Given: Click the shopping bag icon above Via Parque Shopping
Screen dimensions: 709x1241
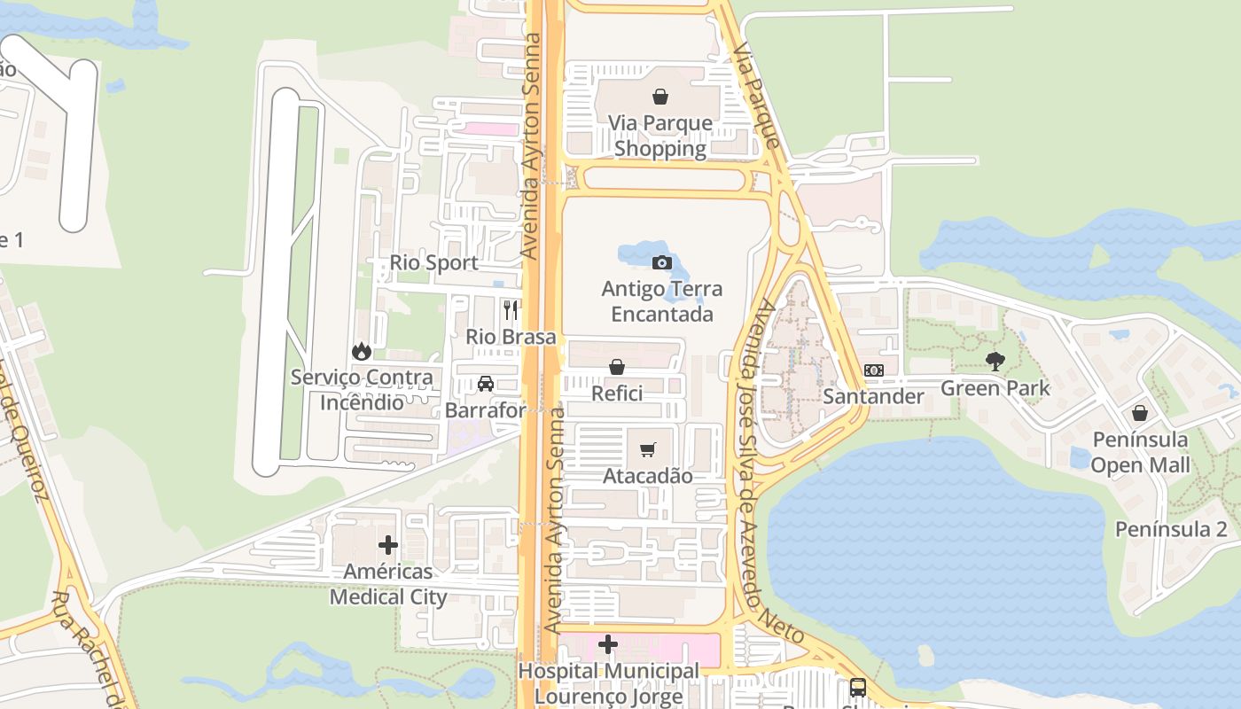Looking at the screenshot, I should (660, 97).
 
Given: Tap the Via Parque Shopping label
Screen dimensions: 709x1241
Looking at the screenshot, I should (660, 136).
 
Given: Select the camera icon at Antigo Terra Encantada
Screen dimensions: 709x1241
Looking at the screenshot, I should (661, 262).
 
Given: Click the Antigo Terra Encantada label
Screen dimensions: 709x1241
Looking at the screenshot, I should (661, 301).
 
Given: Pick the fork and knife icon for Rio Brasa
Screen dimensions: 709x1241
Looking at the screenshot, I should (511, 309).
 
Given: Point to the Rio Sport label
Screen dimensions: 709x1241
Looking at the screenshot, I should (434, 263).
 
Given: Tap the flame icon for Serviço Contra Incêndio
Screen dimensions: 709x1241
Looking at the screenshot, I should (361, 351).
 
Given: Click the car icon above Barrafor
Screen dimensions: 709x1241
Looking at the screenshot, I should (485, 384).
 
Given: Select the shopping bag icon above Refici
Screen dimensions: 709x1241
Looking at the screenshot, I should (617, 367).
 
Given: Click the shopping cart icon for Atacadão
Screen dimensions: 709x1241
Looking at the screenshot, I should (648, 449).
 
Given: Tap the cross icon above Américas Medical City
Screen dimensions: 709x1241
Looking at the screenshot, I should (388, 545).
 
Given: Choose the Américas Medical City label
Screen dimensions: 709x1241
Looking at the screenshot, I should (388, 584).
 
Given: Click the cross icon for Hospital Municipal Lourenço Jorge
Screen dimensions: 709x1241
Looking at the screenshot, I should (608, 644).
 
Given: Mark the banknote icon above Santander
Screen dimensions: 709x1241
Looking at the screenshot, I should (873, 370).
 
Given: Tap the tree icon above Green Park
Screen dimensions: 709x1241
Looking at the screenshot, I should (995, 361).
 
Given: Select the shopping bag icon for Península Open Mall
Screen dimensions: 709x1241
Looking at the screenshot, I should (1140, 413).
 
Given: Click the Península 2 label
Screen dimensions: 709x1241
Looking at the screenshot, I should (1171, 529).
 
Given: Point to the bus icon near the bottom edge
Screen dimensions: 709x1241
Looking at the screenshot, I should (857, 687).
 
